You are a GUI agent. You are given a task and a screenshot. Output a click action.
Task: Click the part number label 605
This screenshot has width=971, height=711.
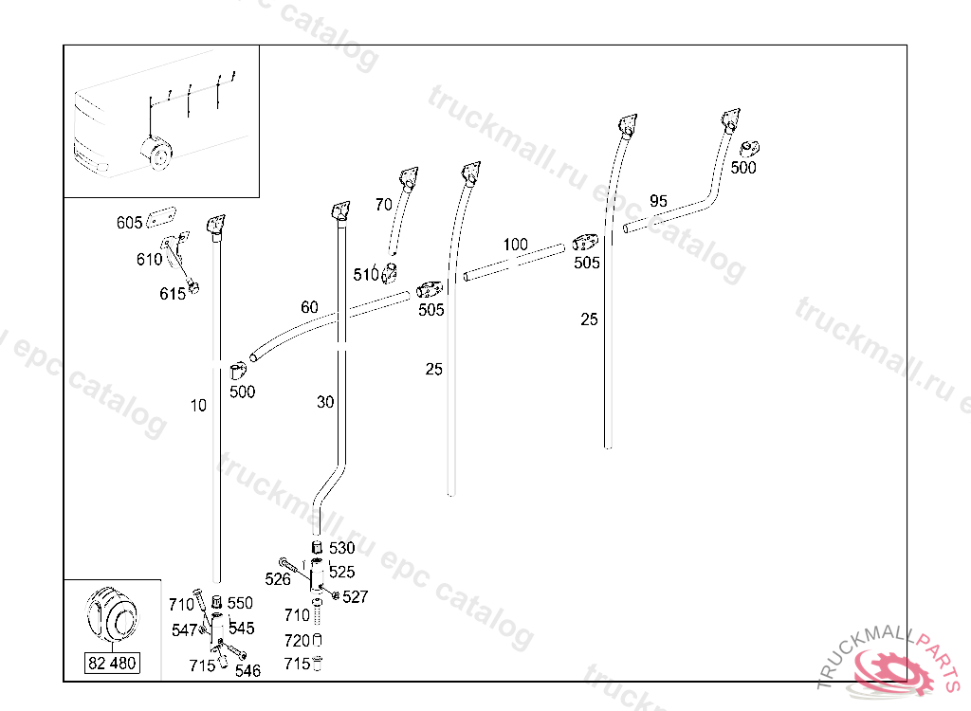[x=129, y=223]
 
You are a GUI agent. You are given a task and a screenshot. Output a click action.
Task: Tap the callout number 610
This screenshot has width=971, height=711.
[x=149, y=259]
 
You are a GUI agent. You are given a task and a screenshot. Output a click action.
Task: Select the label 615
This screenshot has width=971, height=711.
[x=173, y=294]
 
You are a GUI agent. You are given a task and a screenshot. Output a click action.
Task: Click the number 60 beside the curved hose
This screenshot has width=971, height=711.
[x=309, y=306]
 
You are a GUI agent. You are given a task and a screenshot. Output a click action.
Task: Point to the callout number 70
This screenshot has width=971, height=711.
[x=383, y=205]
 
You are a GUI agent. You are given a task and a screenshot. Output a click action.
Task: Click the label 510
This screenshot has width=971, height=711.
[x=365, y=274]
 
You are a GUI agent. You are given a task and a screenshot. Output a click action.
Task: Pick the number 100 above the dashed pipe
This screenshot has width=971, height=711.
[x=515, y=244]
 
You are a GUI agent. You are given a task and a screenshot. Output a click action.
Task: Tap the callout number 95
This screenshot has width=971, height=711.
[x=658, y=201]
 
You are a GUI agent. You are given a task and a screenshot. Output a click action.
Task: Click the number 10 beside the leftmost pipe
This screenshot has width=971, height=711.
[x=197, y=405]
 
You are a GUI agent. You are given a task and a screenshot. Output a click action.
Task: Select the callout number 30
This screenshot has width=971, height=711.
[x=325, y=402]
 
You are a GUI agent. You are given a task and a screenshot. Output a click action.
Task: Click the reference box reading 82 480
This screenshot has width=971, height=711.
[x=112, y=664]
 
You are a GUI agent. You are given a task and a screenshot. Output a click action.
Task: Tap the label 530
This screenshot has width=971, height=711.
[x=341, y=548]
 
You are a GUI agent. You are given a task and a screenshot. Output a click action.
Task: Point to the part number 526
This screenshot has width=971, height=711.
[x=278, y=579]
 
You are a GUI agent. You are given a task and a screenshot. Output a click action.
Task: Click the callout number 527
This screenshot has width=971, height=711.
[x=355, y=596]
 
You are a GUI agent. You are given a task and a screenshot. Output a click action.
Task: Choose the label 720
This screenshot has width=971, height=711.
[x=297, y=641]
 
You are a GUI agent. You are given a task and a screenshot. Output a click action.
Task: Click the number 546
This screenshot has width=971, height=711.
[x=247, y=671]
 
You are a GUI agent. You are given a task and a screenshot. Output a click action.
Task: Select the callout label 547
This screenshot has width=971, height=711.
[x=184, y=629]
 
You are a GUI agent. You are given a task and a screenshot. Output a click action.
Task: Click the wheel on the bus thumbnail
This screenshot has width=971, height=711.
[x=156, y=153]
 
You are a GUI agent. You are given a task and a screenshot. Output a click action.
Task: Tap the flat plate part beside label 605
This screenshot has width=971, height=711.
[x=161, y=217]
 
